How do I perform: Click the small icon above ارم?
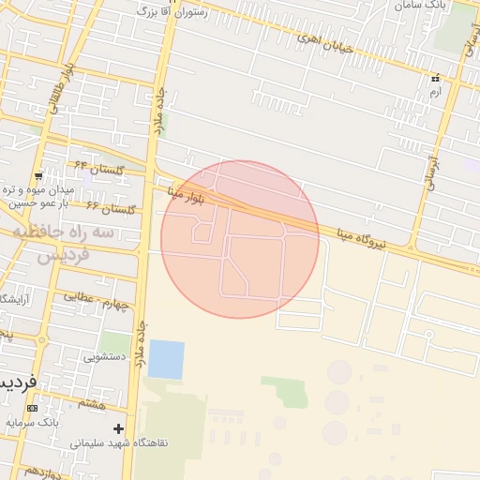click(434, 78)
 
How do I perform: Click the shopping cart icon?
click(37, 175)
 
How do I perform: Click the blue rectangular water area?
click(166, 359)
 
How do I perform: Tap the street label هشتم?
click(92, 403)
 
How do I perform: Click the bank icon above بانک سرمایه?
click(34, 409)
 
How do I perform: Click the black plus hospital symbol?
click(118, 428)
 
